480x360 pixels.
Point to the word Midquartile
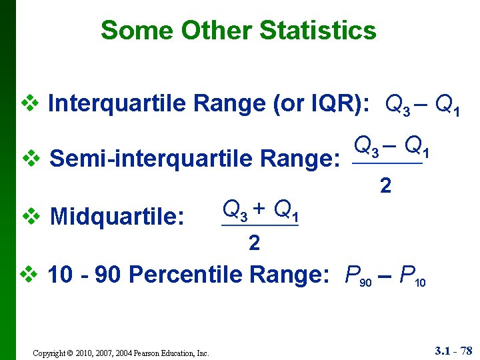(x=117, y=216)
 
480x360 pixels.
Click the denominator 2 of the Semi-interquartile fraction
(x=385, y=187)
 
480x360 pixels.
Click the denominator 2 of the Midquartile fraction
(x=254, y=244)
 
